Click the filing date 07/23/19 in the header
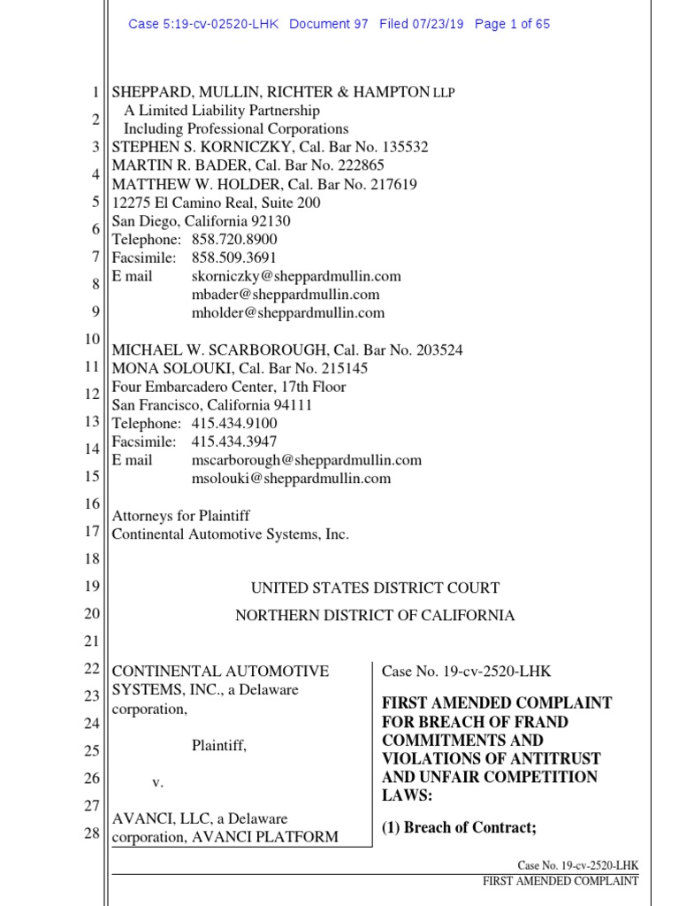(x=439, y=24)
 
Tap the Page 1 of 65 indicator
(x=512, y=24)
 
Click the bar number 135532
(x=395, y=148)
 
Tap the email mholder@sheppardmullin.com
(x=287, y=313)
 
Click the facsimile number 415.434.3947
(x=234, y=441)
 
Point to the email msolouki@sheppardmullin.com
(x=291, y=479)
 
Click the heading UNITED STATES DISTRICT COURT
(x=376, y=588)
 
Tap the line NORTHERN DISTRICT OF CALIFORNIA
(x=374, y=616)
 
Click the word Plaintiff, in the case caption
(x=219, y=746)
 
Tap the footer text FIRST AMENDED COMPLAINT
(x=560, y=881)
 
